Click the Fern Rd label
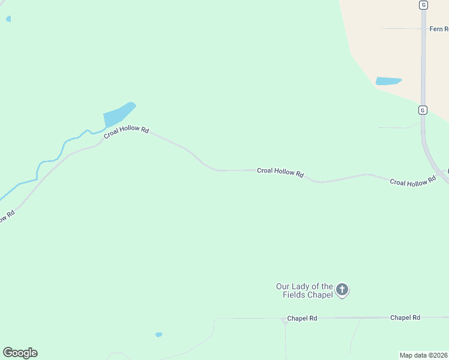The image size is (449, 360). click(438, 29)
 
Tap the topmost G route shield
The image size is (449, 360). click(423, 5)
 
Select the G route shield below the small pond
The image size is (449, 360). click(423, 110)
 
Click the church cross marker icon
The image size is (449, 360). click(342, 290)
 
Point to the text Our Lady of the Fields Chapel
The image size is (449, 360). click(304, 290)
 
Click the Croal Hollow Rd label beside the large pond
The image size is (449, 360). click(126, 131)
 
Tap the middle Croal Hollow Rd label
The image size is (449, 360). click(280, 172)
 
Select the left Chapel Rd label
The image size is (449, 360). click(302, 318)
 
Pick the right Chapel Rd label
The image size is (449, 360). click(405, 317)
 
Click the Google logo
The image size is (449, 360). click(20, 353)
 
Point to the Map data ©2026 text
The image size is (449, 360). click(424, 355)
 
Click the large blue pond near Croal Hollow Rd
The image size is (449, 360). click(118, 114)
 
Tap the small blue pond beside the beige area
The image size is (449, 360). click(387, 81)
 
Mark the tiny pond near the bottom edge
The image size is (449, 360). click(158, 334)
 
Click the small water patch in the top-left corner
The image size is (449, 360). click(8, 19)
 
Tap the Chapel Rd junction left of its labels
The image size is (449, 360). click(285, 320)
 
